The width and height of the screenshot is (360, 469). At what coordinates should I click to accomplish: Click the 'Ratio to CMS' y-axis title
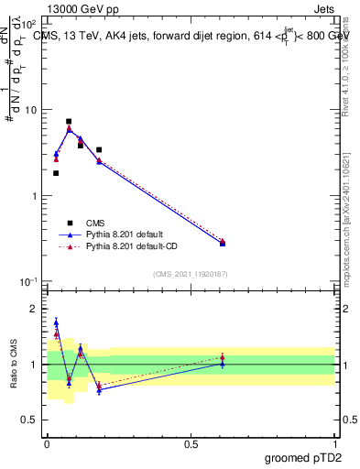pos(13,365)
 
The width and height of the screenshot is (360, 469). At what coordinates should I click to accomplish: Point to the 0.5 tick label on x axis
pos(191,443)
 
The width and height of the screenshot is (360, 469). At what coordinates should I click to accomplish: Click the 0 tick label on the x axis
pos(47,443)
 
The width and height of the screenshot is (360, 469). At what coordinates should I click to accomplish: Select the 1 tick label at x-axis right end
pos(334,443)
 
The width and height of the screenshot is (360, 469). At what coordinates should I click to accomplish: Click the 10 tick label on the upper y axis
pos(30,110)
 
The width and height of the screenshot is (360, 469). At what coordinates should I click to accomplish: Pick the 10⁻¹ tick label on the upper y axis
pos(28,282)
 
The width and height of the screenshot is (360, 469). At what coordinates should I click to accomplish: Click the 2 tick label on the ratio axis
pos(33,309)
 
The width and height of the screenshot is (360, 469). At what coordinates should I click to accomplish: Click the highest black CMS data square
pos(69,121)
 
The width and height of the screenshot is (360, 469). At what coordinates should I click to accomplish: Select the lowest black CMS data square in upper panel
pos(56,173)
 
